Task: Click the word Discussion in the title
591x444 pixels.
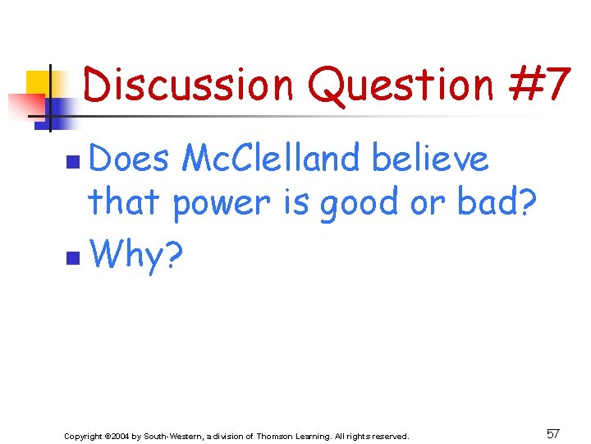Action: [x=188, y=85]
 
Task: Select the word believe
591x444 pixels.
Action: [x=430, y=159]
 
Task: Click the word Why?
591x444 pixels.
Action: [x=136, y=256]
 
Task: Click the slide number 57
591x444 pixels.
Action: [x=553, y=433]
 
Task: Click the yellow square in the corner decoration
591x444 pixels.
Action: [x=39, y=82]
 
